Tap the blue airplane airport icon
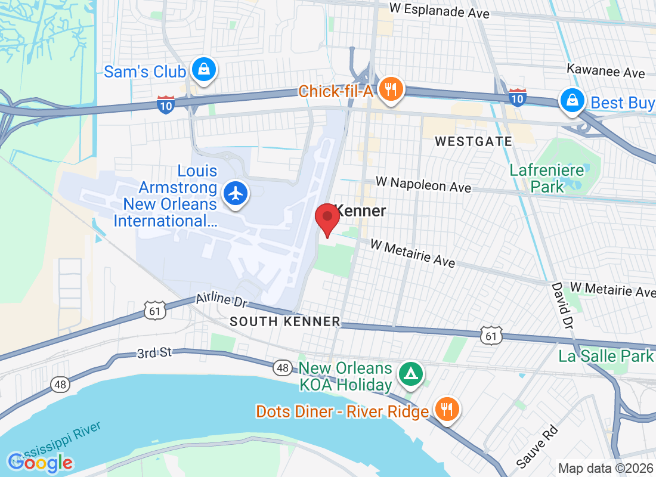[237, 194]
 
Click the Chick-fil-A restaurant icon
[391, 90]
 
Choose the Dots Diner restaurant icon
[445, 410]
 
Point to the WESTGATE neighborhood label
[474, 141]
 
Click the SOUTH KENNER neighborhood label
[285, 321]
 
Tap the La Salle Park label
[605, 356]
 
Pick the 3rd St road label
[154, 352]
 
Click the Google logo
[40, 462]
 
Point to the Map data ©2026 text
[605, 468]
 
